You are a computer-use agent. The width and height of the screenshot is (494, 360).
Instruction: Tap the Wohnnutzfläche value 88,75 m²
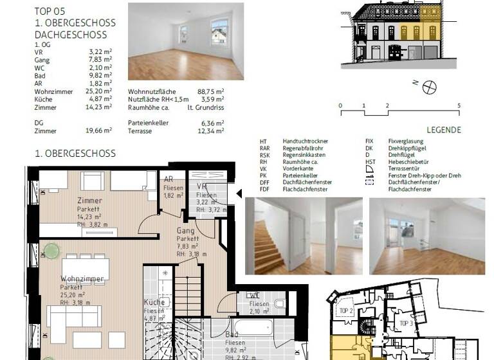(211, 92)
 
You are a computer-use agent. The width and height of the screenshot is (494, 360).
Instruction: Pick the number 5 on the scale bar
(458, 105)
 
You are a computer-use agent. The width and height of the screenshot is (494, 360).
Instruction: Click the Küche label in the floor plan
(153, 303)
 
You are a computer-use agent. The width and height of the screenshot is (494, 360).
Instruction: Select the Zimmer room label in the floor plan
(89, 201)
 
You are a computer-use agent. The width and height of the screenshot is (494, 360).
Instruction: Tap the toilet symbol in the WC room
(279, 303)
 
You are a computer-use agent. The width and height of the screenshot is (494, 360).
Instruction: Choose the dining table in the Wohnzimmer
(85, 268)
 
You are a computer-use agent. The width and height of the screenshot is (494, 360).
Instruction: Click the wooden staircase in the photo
(267, 248)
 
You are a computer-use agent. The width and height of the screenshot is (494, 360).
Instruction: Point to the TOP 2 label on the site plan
(346, 310)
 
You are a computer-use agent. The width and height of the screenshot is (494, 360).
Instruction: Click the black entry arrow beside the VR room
(239, 194)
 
